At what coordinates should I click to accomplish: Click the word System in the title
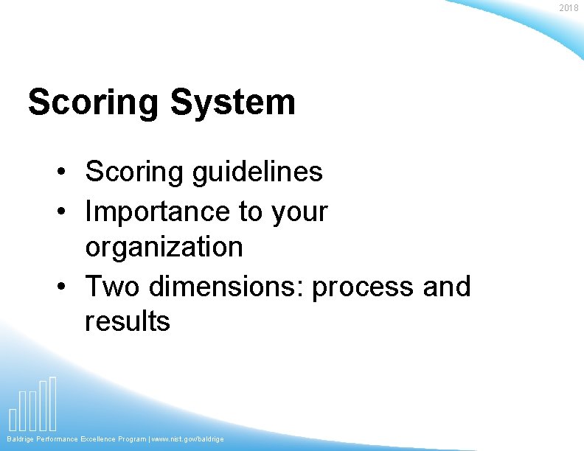coord(232,102)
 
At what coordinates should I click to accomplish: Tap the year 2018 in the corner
coord(569,8)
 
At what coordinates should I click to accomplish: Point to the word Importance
coord(157,212)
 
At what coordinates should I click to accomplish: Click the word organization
coord(164,247)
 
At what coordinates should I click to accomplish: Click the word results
coord(127,321)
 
